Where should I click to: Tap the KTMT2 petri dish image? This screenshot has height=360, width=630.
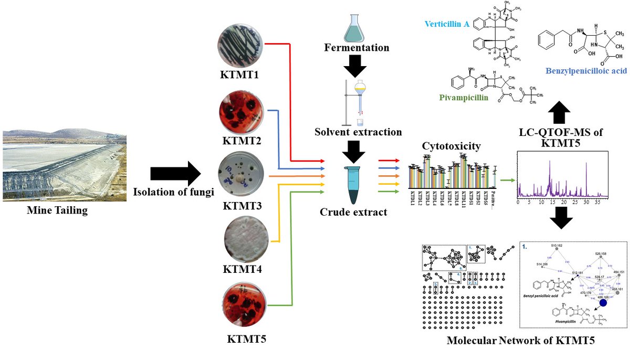point(241,112)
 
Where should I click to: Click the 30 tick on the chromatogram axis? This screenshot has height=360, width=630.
point(586,202)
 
